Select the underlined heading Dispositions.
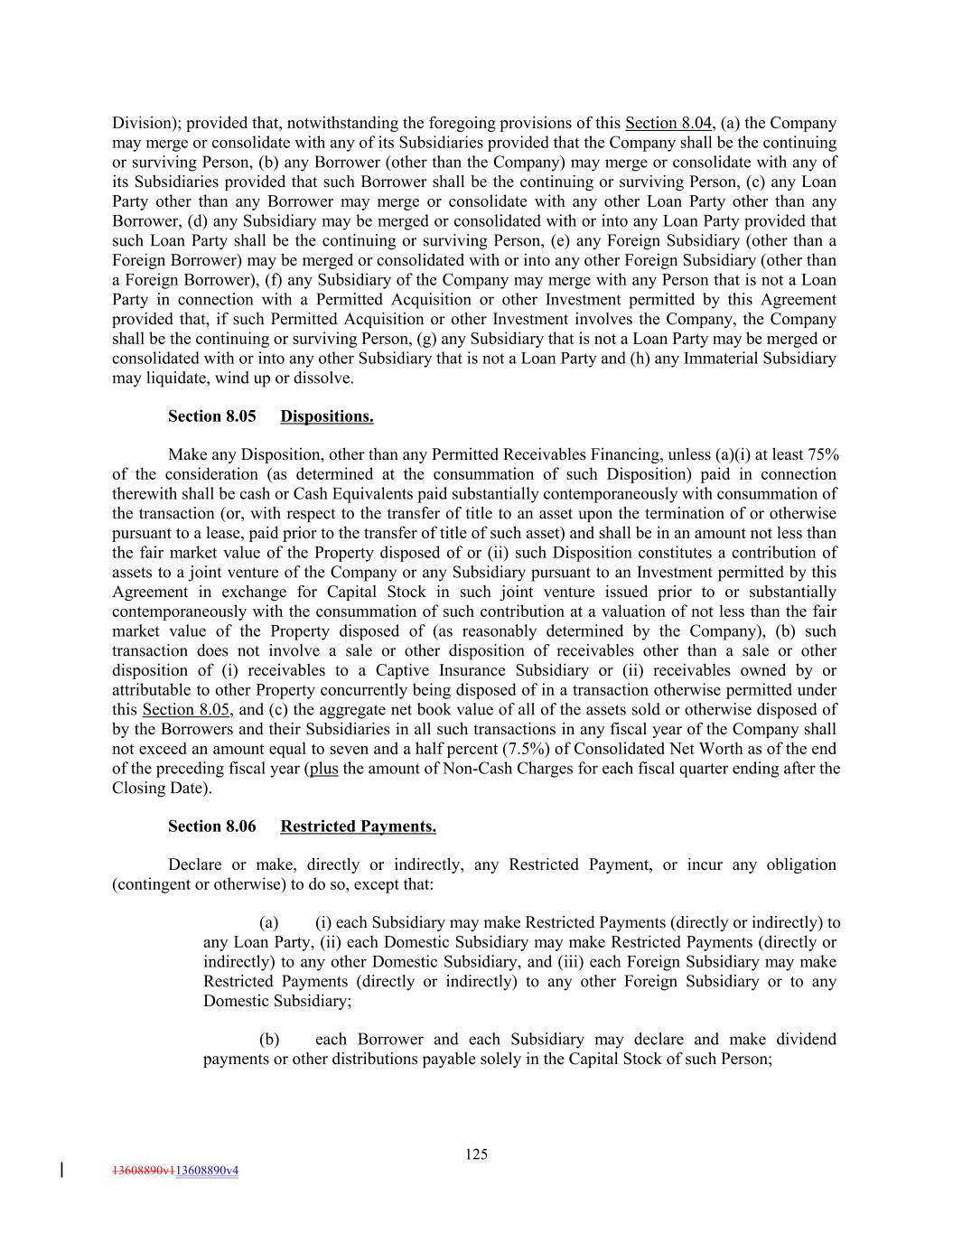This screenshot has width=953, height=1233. [x=326, y=416]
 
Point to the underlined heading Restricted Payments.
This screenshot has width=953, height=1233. [x=358, y=827]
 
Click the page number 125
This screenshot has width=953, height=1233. [x=477, y=1154]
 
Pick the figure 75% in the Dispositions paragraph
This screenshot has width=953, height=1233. [x=822, y=454]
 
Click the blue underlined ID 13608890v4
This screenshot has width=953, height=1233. [x=207, y=1171]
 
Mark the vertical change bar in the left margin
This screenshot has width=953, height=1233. [x=61, y=1170]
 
